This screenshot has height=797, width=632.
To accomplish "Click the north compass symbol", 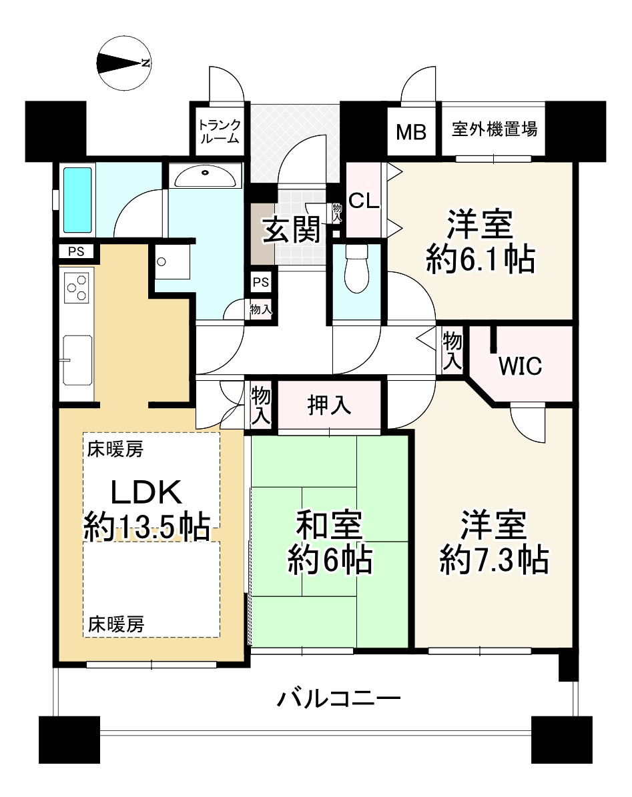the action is coord(123,63).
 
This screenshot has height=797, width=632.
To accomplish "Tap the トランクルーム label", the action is coord(220,131).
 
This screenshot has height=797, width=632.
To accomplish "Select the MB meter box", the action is coord(411,132).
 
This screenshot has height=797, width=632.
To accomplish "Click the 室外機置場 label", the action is coord(495,129).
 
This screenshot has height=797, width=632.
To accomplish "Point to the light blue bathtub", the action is coord(78,200).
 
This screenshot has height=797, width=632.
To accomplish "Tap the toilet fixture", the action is coord(356,268).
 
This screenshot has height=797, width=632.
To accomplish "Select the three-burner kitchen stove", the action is coord(77,288).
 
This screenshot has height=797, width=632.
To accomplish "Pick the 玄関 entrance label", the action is coord(291,229).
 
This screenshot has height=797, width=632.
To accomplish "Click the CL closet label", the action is coord(364,201).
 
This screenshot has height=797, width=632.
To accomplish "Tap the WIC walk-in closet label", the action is coord(520,366).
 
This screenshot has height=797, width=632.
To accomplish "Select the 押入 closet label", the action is coord(329,405).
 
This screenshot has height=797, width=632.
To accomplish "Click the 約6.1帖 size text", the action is coord(481,259).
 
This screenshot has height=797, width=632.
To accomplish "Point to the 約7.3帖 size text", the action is coord(495,560).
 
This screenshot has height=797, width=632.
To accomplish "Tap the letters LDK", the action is coord(146,492).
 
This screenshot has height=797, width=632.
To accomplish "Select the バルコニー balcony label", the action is coord(338,699).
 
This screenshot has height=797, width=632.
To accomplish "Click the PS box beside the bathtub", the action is coord(76,251).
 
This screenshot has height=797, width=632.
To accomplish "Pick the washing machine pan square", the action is coord(172,261).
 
